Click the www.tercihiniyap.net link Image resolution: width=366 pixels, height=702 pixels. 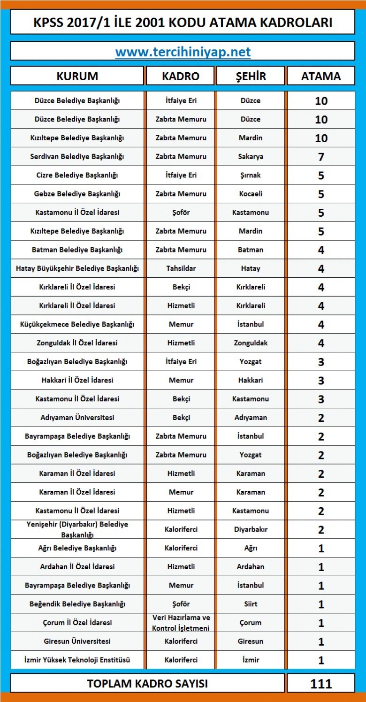point(183,52)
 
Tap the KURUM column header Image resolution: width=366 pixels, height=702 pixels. point(77,76)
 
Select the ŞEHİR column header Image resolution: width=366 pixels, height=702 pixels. point(251,76)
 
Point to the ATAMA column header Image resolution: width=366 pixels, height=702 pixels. point(321,76)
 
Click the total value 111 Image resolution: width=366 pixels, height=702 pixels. point(321,684)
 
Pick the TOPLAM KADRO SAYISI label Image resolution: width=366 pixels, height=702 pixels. point(147,684)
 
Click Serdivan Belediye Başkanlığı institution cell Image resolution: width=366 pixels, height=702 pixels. point(77,156)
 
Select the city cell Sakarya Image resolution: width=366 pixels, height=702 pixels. point(251,156)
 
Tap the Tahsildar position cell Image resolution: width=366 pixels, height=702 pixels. point(181,268)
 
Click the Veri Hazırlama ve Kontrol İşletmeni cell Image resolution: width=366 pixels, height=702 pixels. point(181,623)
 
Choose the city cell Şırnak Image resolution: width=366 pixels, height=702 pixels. point(251,175)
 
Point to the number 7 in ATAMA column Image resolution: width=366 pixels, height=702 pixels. point(321,157)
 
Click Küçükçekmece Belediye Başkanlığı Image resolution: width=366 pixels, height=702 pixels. point(77,324)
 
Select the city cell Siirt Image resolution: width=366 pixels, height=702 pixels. point(251,604)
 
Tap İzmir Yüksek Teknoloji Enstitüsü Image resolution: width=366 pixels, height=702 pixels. point(77,660)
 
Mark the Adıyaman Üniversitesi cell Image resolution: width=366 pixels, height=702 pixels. point(77,418)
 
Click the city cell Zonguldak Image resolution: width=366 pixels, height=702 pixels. point(251,343)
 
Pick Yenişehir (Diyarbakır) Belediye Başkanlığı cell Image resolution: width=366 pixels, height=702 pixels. point(77,529)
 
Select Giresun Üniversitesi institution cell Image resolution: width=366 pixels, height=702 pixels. point(77,641)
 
